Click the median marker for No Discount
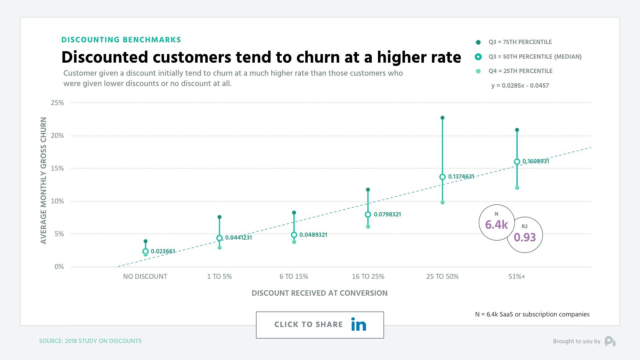click(x=145, y=251)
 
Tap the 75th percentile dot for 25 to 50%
click(x=442, y=118)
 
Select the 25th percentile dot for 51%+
click(x=517, y=188)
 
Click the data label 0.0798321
click(x=387, y=214)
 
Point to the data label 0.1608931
click(x=535, y=161)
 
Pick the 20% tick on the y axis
click(x=57, y=135)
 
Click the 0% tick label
click(x=59, y=267)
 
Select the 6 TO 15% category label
click(x=294, y=276)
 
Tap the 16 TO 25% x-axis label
click(x=368, y=276)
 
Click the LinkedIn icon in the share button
click(x=359, y=324)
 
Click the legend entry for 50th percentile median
click(x=535, y=57)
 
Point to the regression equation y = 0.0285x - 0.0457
click(x=520, y=85)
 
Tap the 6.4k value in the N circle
click(x=496, y=225)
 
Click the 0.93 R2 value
click(x=525, y=237)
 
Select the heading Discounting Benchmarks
click(x=121, y=40)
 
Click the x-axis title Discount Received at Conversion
click(x=319, y=293)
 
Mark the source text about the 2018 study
click(x=90, y=341)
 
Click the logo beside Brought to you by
click(x=610, y=341)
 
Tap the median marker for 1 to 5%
click(x=219, y=238)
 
